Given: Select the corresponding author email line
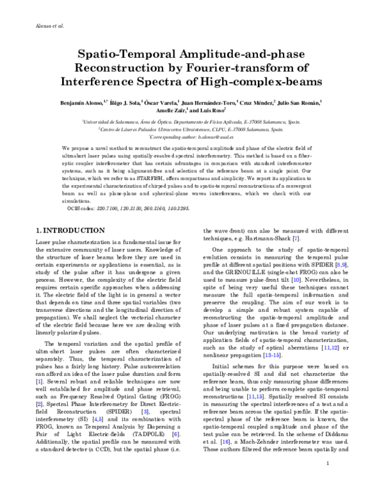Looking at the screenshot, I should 192,137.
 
